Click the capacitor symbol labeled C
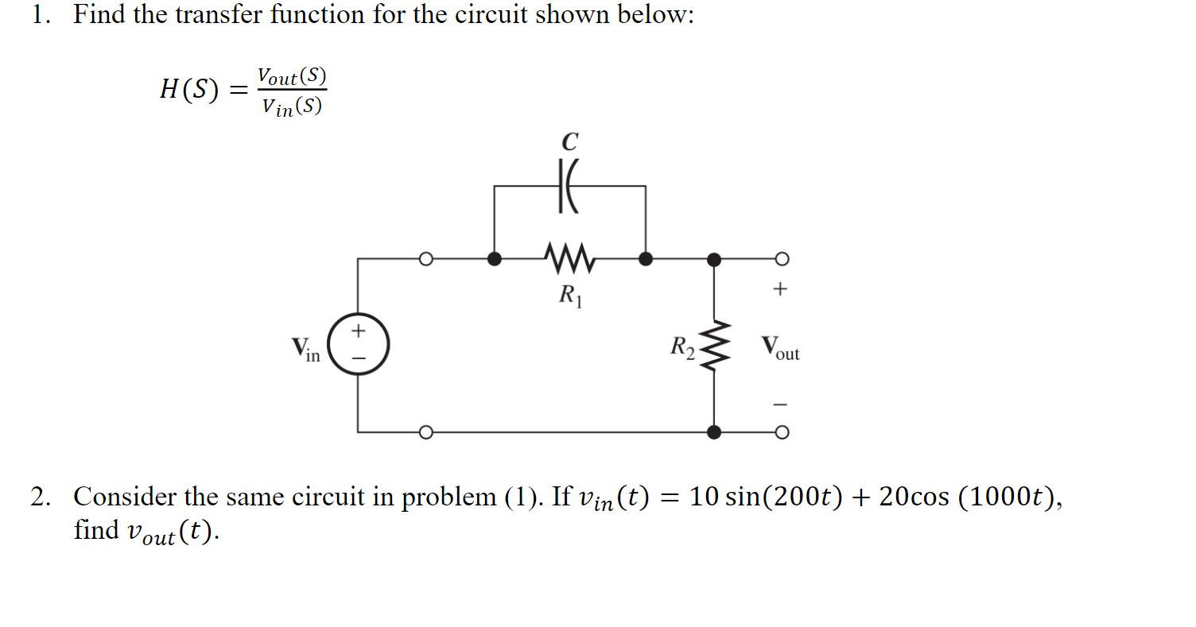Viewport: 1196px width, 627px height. coord(569,187)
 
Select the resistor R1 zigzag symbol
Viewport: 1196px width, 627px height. coord(569,257)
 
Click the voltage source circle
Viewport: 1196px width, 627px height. coord(358,344)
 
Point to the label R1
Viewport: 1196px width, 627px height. coord(570,296)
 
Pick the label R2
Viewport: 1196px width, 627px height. coord(682,346)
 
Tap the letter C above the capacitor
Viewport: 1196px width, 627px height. coord(569,142)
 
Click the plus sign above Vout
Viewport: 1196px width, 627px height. coord(780,289)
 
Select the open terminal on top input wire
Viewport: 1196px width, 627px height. coord(426,258)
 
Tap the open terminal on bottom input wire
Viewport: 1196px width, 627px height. coord(426,432)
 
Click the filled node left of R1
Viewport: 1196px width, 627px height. coord(494,258)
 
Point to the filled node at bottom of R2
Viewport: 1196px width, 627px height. coord(714,432)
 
